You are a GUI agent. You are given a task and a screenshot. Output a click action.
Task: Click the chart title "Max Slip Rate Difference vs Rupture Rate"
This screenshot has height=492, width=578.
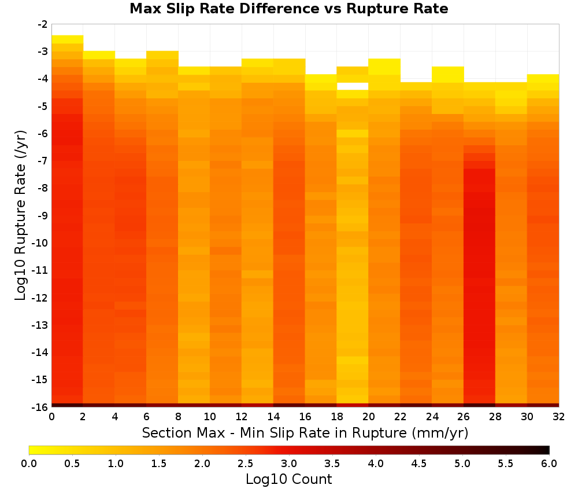[x=288, y=9]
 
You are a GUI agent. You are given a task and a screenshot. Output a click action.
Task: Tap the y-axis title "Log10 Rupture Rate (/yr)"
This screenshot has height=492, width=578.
[x=21, y=215]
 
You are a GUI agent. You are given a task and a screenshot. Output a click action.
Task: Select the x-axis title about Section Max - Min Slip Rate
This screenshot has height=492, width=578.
[x=305, y=433]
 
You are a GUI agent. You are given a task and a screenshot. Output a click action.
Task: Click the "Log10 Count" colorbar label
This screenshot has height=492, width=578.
[x=288, y=479]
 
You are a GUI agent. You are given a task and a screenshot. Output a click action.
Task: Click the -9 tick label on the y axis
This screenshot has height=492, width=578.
[x=43, y=215]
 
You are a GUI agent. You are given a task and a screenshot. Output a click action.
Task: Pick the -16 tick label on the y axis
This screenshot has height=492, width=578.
[x=40, y=407]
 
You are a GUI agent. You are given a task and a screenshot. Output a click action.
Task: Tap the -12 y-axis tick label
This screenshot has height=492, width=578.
[x=40, y=298]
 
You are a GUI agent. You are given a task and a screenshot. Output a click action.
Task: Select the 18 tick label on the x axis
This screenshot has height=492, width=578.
[x=337, y=417]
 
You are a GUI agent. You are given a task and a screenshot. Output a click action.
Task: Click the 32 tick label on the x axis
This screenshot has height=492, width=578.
[x=559, y=417]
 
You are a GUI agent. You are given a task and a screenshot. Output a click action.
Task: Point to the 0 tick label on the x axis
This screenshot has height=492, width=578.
[x=51, y=417]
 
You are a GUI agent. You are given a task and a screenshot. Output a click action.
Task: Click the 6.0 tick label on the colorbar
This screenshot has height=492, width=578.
[x=549, y=464]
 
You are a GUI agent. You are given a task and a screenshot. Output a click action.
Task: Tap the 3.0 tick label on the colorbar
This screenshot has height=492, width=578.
[x=289, y=464]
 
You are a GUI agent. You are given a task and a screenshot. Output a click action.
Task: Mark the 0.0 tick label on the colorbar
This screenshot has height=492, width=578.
[x=29, y=464]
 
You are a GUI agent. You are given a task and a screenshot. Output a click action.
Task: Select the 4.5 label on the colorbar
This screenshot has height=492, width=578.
[x=418, y=464]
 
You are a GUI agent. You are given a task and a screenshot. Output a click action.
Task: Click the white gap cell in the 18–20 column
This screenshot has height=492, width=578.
[x=353, y=86]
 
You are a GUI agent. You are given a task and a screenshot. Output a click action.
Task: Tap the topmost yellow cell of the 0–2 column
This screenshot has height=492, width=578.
[x=68, y=39]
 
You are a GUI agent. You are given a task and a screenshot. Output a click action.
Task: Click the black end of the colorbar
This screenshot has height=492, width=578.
[x=545, y=450]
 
